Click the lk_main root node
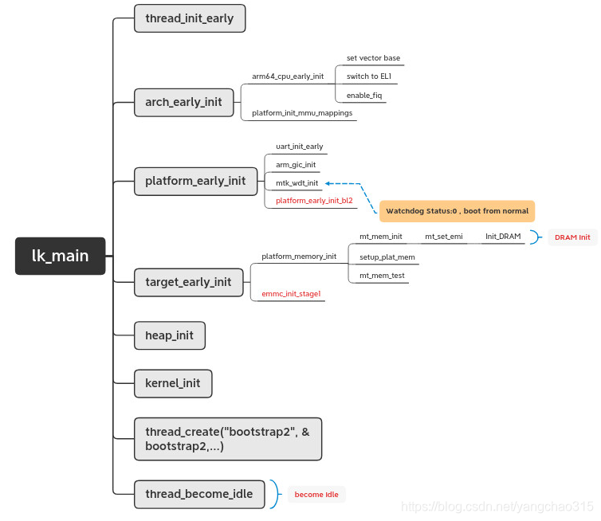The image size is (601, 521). [60, 256]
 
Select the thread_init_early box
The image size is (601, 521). [189, 18]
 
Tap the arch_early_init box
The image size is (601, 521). [183, 102]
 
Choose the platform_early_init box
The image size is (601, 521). [195, 181]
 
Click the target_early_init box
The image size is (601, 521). [188, 281]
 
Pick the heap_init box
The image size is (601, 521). [169, 335]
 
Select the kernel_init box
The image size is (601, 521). [172, 383]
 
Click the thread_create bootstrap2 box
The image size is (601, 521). [227, 439]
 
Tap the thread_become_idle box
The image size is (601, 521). [198, 494]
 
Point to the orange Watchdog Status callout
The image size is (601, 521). [457, 211]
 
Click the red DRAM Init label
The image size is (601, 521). [572, 237]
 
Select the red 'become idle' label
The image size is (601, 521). [316, 495]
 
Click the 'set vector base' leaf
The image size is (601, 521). [373, 58]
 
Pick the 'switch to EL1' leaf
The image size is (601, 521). [368, 76]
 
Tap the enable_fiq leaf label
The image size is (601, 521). [364, 96]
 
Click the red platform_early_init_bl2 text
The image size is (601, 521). [314, 201]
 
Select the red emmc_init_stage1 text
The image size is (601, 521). [291, 294]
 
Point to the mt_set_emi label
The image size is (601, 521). [443, 237]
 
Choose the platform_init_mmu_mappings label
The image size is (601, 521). [302, 113]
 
